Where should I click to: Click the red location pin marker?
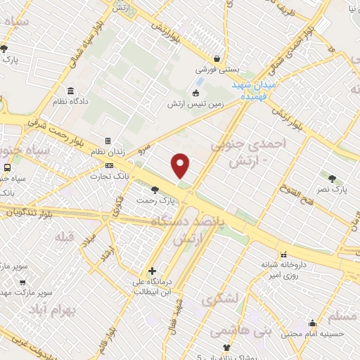tap(181, 166)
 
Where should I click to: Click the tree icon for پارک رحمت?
tap(155, 189)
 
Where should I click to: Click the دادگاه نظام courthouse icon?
tap(70, 91)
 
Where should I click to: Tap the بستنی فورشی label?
tap(217, 70)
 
